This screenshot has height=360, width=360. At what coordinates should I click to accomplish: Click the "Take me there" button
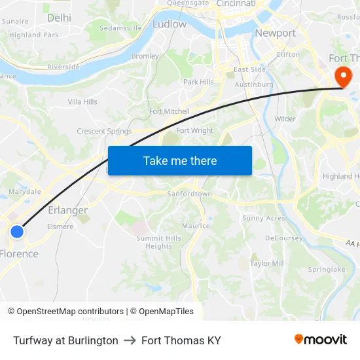coord(180,160)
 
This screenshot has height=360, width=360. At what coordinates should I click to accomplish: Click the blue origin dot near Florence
coord(17,231)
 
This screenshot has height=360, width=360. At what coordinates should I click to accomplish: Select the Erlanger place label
coord(68,210)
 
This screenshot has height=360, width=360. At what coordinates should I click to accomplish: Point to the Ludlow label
coord(169,24)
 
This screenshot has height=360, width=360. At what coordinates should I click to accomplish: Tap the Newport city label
coord(275,33)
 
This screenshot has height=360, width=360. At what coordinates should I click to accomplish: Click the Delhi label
coord(60,18)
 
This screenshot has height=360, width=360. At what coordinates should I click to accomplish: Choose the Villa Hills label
coord(83,102)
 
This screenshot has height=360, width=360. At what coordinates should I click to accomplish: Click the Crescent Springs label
coord(104,131)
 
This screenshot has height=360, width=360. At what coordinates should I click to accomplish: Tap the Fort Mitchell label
coord(170,111)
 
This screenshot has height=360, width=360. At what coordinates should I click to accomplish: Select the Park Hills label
coord(198,82)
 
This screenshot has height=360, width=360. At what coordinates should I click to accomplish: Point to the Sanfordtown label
coord(190,194)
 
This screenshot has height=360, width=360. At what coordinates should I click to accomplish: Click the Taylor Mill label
coord(267,263)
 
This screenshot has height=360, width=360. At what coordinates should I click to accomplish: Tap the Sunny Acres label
coord(264,218)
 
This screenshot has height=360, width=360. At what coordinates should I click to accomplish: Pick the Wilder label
coord(285,118)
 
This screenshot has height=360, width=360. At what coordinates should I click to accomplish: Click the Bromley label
coord(145,56)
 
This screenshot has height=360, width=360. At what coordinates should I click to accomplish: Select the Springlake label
coord(327,269)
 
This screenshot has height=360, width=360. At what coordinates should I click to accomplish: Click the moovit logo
coord(321,340)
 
